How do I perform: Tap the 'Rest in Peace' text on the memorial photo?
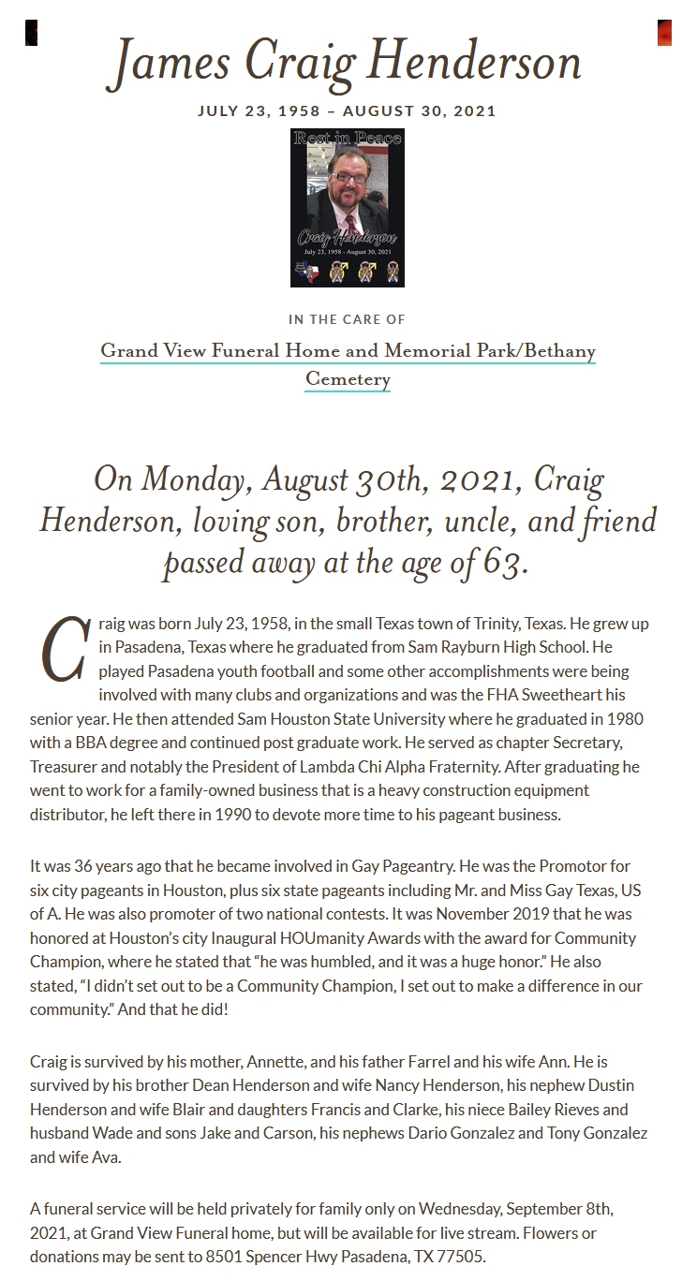[x=348, y=139]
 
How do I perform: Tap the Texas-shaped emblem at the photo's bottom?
[x=307, y=272]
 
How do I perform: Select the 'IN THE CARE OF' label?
[x=348, y=319]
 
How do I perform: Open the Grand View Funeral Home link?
[x=348, y=351]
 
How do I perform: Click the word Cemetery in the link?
[x=348, y=379]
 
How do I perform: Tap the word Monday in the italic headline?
[x=193, y=480]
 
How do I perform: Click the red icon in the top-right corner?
[x=664, y=33]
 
